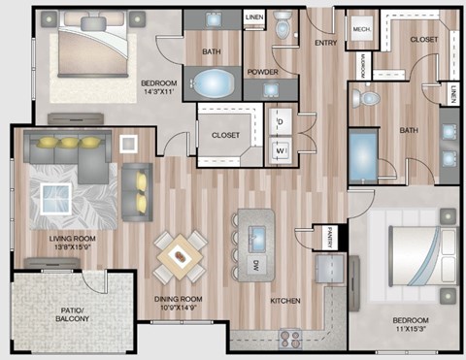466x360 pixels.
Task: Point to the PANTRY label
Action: [x=330, y=234]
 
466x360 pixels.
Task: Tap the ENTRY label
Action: [x=323, y=43]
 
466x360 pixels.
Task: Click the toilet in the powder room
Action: [x=283, y=28]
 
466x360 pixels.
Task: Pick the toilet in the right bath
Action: [x=365, y=99]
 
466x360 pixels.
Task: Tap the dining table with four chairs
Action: [x=181, y=255]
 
